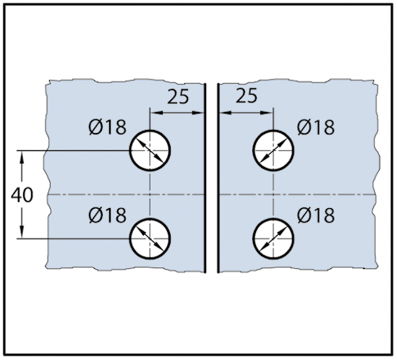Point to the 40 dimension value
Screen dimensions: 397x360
coord(22,195)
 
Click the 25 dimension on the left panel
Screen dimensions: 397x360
coord(178,96)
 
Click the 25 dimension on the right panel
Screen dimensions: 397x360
coord(247,95)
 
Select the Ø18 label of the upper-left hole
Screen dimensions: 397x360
coord(107,127)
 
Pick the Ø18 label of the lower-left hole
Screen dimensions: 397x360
coord(107,215)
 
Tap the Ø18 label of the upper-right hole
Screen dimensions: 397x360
coord(316,127)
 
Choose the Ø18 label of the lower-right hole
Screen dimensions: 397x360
coord(316,215)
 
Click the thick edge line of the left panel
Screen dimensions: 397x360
coord(205,179)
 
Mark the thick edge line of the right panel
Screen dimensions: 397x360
coord(218,179)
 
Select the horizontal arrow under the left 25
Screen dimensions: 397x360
coord(177,113)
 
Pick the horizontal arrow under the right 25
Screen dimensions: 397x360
coord(247,113)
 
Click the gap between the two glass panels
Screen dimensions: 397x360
coord(212,179)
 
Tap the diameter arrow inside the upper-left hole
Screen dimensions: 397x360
coord(150,150)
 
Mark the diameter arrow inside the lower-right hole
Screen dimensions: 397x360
coord(273,239)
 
